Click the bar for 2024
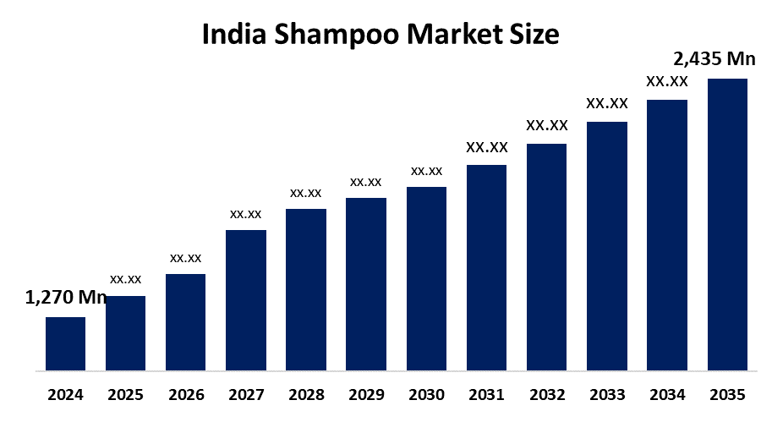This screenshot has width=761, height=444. [65, 343]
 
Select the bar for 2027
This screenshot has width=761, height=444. [246, 299]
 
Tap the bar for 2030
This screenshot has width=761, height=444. [426, 278]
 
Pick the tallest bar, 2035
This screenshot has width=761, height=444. [727, 224]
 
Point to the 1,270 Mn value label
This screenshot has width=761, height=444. [66, 297]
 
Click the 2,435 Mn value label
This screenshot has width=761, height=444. [714, 58]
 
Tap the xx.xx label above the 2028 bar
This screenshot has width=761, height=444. [306, 193]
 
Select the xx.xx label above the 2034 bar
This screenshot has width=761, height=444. [667, 82]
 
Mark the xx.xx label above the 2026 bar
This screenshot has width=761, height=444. [186, 258]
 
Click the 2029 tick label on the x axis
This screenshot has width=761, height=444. [366, 395]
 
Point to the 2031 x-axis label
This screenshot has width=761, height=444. [486, 395]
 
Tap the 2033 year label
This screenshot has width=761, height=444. [607, 395]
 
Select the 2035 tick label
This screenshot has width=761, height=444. [727, 395]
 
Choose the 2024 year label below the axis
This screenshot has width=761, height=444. [65, 395]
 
